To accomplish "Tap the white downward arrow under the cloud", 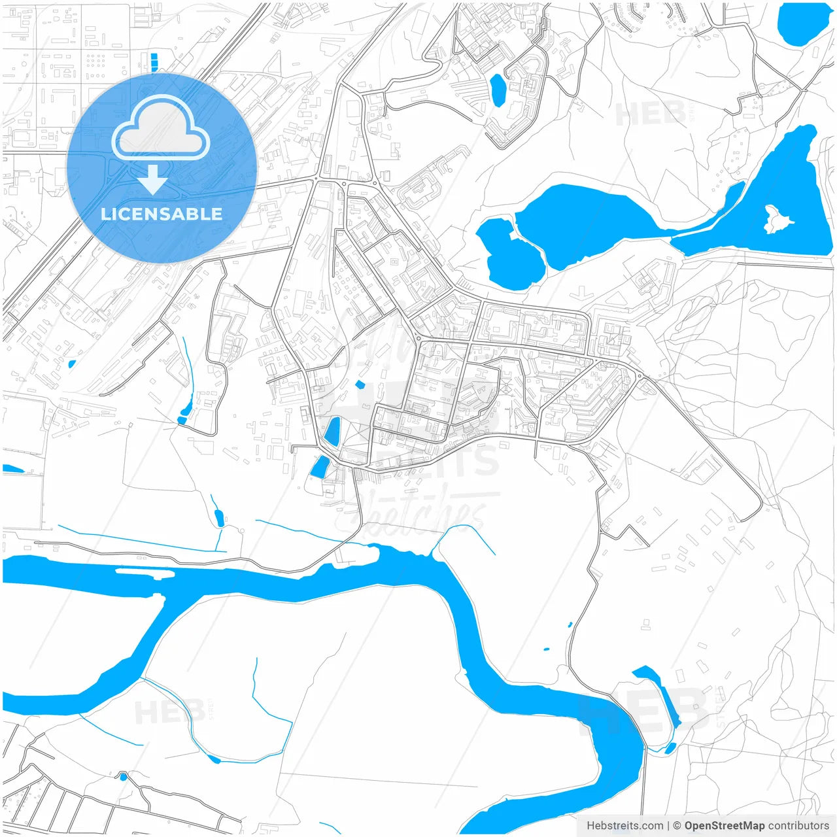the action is [x=152, y=180].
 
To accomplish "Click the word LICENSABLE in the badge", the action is [x=162, y=214].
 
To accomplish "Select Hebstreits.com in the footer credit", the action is [x=624, y=826].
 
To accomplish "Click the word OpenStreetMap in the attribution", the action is [x=724, y=826].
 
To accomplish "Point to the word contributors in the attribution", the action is [x=798, y=826].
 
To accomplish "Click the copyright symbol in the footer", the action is [x=677, y=826].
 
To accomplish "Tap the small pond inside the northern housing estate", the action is [x=498, y=90].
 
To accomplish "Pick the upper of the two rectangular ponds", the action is [x=333, y=432].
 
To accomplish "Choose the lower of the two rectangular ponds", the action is [x=320, y=467].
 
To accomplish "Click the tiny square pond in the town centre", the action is [x=359, y=384].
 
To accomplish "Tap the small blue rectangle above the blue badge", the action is [x=154, y=62].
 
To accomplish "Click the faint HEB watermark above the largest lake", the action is [x=651, y=114].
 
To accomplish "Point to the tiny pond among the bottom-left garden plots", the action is [x=122, y=777].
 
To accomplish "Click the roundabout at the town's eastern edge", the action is [x=639, y=376].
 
